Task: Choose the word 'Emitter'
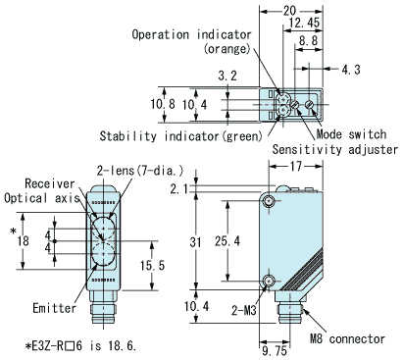(x=53, y=308)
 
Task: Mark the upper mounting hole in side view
(x=269, y=200)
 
